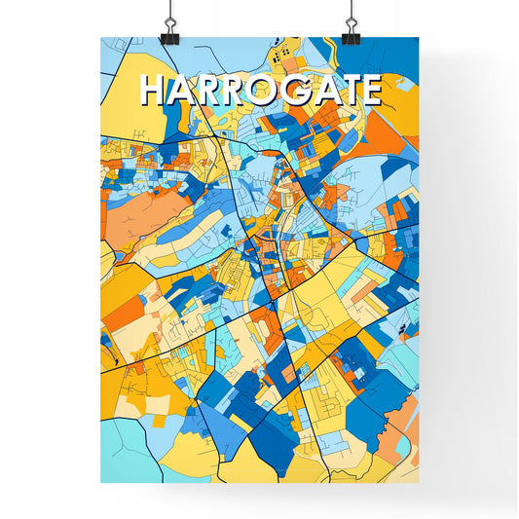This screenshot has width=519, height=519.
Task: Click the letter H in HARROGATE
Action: [x=153, y=90]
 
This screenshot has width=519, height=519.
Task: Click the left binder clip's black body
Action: [x=167, y=36]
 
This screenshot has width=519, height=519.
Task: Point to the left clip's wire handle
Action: [x=167, y=16]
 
